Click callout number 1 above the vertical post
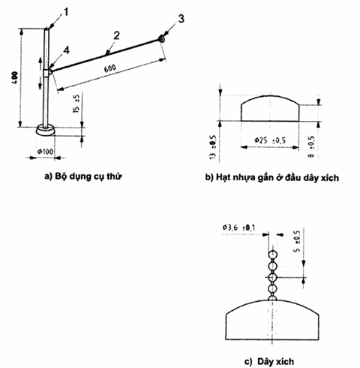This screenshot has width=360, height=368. pyautogui.click(x=66, y=13)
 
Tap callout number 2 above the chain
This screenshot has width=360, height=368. pyautogui.click(x=116, y=36)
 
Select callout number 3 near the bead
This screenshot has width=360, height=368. pyautogui.click(x=181, y=19)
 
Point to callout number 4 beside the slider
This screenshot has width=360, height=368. pyautogui.click(x=66, y=50)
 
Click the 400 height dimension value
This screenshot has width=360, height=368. pyautogui.click(x=15, y=77)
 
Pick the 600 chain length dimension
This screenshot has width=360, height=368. pyautogui.click(x=110, y=68)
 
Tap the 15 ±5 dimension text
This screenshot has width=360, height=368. pyautogui.click(x=76, y=104)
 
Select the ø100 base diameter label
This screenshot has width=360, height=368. pyautogui.click(x=45, y=152)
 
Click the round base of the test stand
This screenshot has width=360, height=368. pyautogui.click(x=46, y=130)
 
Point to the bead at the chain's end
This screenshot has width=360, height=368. pyautogui.click(x=162, y=38)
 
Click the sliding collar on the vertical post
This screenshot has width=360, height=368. pyautogui.click(x=47, y=73)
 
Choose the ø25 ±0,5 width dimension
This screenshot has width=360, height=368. pyautogui.click(x=270, y=140)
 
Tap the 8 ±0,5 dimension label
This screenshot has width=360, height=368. pyautogui.click(x=311, y=146)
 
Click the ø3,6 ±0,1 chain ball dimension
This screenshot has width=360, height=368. pyautogui.click(x=238, y=228)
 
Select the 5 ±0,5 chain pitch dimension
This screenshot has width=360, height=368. pyautogui.click(x=298, y=241)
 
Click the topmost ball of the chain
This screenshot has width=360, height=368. pyautogui.click(x=272, y=255)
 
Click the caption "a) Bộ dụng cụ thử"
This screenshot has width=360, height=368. pyautogui.click(x=83, y=176)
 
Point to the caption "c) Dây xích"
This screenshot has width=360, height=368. pyautogui.click(x=269, y=361)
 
